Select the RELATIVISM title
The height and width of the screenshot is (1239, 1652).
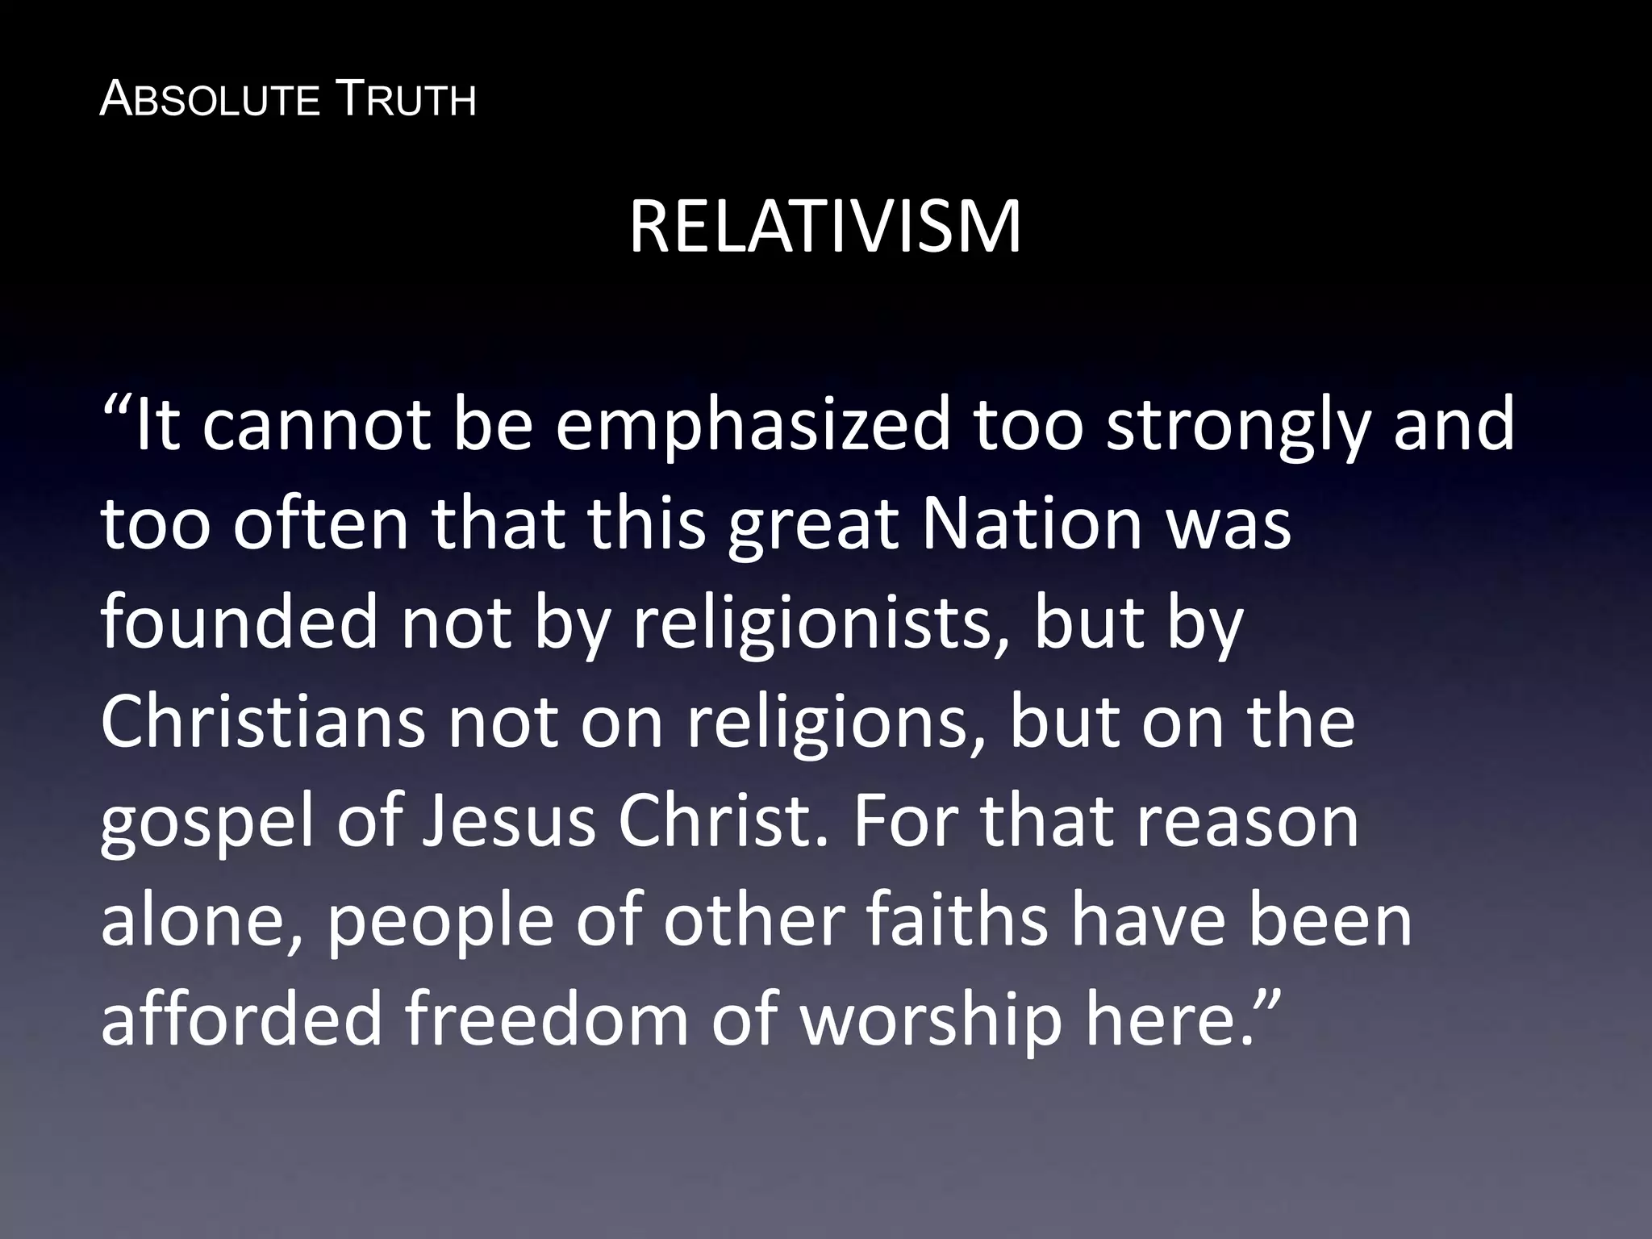tap(825, 227)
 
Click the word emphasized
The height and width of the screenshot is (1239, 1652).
tap(753, 426)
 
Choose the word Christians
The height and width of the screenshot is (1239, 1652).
tap(263, 721)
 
